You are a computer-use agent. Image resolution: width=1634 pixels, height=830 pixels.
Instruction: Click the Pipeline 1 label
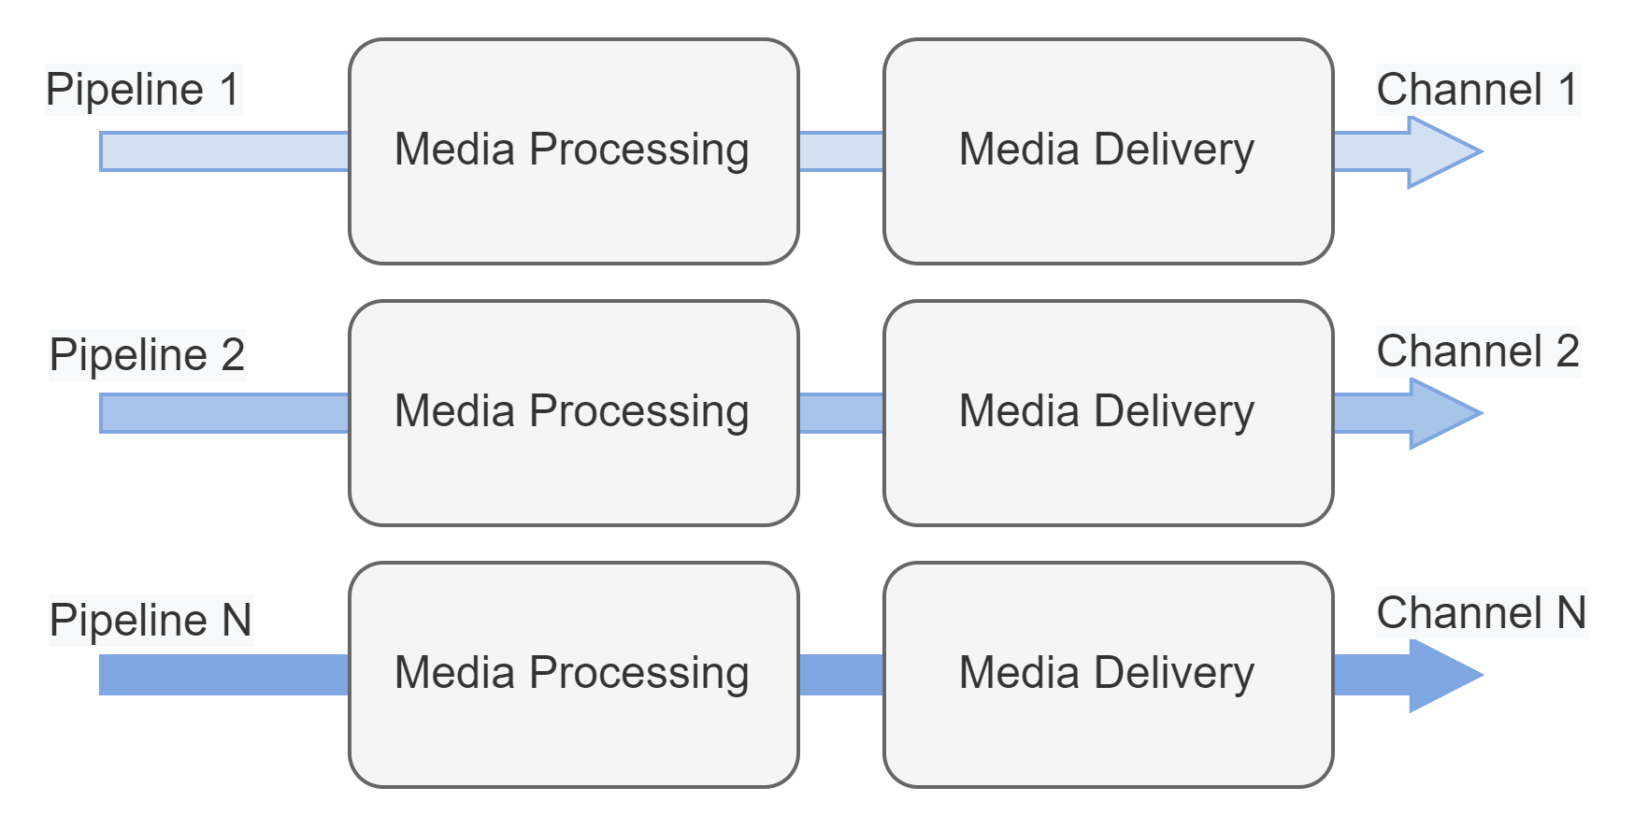pyautogui.click(x=143, y=90)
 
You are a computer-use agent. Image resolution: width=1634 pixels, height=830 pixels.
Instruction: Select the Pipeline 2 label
pyautogui.click(x=147, y=355)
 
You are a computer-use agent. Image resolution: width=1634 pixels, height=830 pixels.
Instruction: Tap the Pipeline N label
pyautogui.click(x=150, y=620)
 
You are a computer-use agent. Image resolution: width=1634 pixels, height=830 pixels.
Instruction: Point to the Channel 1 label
pyautogui.click(x=1477, y=90)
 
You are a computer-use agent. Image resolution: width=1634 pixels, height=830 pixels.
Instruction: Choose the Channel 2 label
pyautogui.click(x=1477, y=351)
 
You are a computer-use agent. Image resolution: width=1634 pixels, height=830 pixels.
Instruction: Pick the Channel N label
pyautogui.click(x=1481, y=613)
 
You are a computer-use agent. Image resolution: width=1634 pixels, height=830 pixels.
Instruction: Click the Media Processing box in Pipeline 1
pyautogui.click(x=573, y=150)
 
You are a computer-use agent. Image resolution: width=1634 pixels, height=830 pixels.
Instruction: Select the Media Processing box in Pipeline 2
pyautogui.click(x=573, y=412)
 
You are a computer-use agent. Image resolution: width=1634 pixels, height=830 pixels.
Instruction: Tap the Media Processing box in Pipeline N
pyautogui.click(x=573, y=674)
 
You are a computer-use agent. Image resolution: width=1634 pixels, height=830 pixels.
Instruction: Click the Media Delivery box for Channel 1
pyautogui.click(x=1108, y=150)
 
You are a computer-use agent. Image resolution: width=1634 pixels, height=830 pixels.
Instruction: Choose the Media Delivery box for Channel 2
pyautogui.click(x=1108, y=412)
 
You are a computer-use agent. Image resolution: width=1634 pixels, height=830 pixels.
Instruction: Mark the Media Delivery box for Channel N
pyautogui.click(x=1108, y=674)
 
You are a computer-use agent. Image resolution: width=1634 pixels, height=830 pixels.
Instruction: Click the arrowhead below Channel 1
pyautogui.click(x=1440, y=151)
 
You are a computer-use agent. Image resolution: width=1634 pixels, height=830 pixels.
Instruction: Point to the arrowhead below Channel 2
pyautogui.click(x=1440, y=413)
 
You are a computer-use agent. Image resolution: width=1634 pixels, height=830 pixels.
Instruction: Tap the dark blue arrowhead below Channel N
pyautogui.click(x=1440, y=675)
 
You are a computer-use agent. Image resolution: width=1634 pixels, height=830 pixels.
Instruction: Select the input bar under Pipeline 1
pyautogui.click(x=224, y=151)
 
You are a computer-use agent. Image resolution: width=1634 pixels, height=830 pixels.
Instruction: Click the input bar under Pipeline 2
pyautogui.click(x=224, y=413)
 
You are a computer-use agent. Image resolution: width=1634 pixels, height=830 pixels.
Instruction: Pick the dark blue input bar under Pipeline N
pyautogui.click(x=224, y=675)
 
